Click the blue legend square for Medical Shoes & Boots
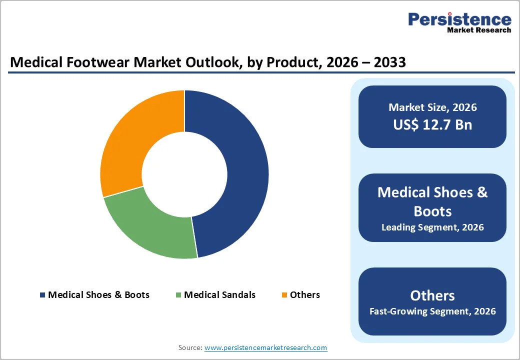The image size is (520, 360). (x=42, y=295)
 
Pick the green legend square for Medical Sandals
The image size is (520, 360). (x=178, y=295)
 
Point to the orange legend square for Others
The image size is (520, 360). (x=284, y=295)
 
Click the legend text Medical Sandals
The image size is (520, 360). (x=219, y=295)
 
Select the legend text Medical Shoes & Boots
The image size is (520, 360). (x=98, y=295)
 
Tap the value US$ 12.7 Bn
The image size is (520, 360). (x=432, y=124)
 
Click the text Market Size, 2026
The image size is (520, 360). (x=432, y=107)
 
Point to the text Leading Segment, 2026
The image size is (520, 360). (x=432, y=227)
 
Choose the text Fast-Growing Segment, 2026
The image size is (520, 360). (x=432, y=311)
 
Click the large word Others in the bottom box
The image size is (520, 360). (x=432, y=295)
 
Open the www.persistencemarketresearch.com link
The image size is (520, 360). (x=265, y=347)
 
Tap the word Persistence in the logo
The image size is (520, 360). (x=459, y=19)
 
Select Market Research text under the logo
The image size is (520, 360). (x=479, y=30)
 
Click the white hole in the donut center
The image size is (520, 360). (x=184, y=174)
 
